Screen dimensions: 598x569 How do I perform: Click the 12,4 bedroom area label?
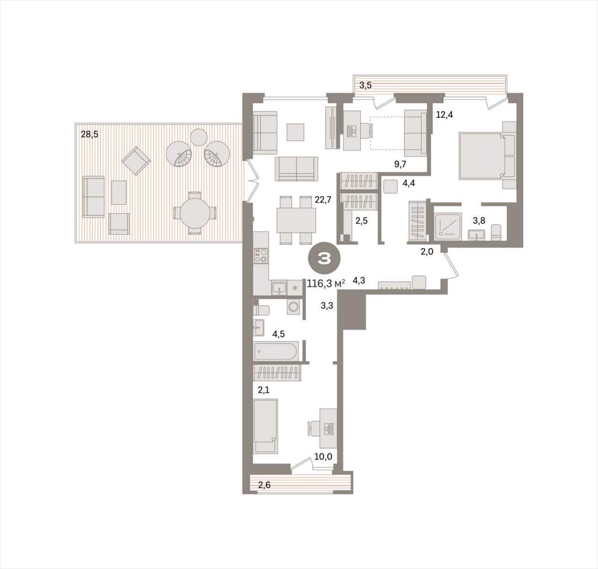point(444,114)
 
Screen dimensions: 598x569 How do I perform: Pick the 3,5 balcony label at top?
point(366,85)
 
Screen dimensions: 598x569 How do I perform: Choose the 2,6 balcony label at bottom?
point(265,485)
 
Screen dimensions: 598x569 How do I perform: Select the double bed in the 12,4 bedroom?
point(483,155)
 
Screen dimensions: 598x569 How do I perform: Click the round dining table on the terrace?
point(195,213)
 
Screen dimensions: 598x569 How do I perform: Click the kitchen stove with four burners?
point(261,256)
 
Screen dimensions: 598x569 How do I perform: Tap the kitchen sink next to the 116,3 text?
point(279,288)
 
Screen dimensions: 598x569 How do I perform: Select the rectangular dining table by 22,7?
point(296,220)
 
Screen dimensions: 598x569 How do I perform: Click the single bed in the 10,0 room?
point(265,425)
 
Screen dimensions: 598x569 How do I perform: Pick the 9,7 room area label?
point(400,164)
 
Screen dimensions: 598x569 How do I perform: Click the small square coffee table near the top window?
point(295,132)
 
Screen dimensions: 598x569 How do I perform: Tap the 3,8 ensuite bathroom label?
point(479,220)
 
